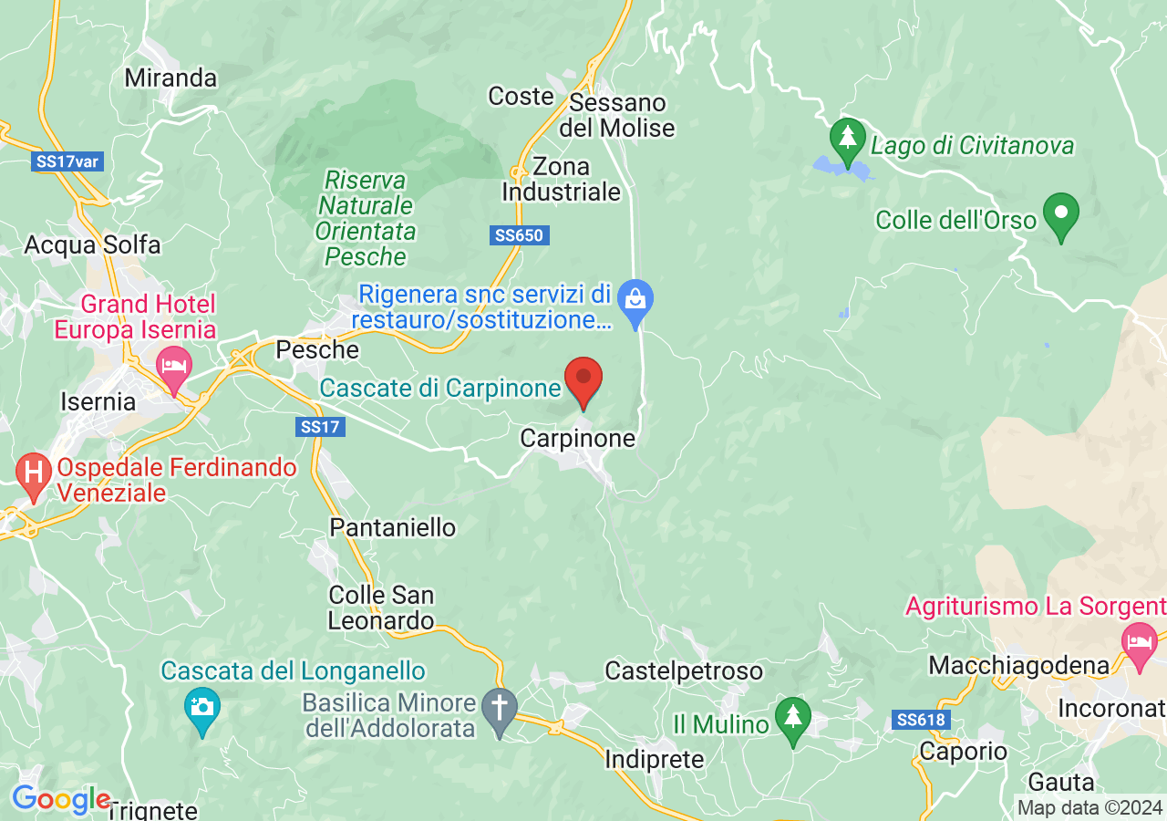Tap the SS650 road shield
pos(519,235)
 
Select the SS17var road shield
pos(67,162)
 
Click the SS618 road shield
pos(922,721)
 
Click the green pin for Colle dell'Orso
pos(1060,214)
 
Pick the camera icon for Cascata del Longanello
pos(201,708)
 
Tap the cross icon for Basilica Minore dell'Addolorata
pos(499,708)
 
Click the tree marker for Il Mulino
pos(792,716)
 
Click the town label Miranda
pos(171,78)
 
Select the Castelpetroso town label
pos(684,671)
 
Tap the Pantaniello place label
pos(392,527)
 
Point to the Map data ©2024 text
pos(1090,807)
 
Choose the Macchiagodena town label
pos(1018,665)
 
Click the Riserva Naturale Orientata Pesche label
pos(366,218)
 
